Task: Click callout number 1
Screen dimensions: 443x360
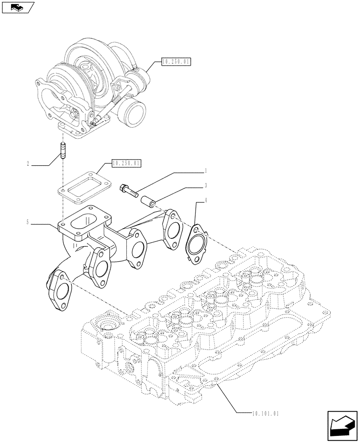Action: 206,170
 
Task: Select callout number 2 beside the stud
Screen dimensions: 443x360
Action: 28,164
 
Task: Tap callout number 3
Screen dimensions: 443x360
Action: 206,186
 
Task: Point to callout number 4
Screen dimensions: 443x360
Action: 206,202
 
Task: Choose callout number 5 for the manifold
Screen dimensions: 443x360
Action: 28,222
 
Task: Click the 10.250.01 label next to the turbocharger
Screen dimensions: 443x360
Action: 176,62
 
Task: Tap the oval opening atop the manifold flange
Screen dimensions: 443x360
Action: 86,220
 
